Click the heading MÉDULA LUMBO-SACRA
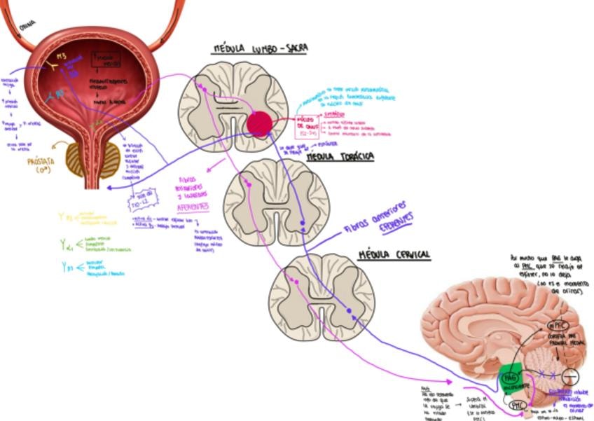point(261,48)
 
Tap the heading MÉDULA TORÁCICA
point(340,157)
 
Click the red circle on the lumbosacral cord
point(259,123)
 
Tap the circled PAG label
point(509,379)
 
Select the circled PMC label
point(519,404)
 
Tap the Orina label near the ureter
point(27,25)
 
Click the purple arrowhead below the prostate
point(106,187)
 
